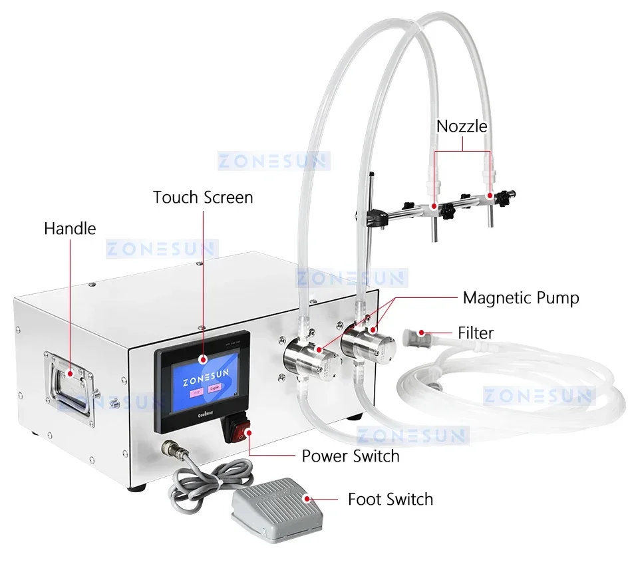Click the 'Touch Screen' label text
[202, 198]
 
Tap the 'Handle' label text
[70, 229]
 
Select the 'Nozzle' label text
[462, 126]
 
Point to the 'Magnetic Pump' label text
[521, 297]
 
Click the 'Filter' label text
[476, 332]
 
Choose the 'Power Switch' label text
[351, 456]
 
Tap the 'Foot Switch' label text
[390, 499]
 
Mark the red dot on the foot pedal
[305, 499]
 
